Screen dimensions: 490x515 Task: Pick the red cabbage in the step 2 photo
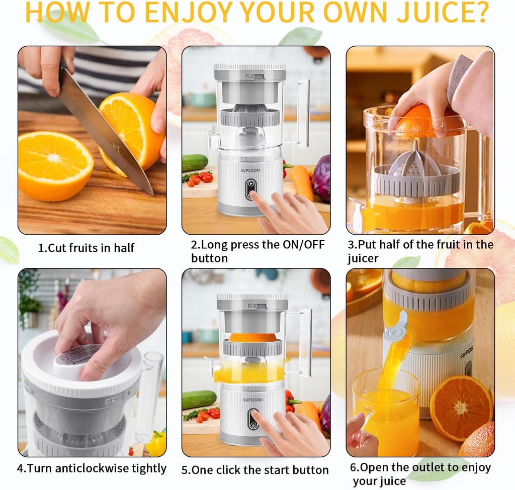pos(321,178)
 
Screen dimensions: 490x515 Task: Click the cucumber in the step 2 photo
pos(195,163)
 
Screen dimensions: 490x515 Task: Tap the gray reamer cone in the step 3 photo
pos(416,160)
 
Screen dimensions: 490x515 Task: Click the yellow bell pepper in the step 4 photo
pos(156,443)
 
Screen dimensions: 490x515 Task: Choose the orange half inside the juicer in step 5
pos(252,337)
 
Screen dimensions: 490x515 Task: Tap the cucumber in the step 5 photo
pos(199,400)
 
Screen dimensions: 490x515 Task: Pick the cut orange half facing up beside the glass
pos(460,408)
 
